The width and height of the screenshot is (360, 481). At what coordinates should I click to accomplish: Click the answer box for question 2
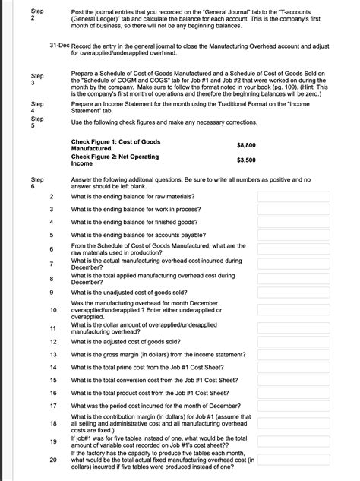click(293, 196)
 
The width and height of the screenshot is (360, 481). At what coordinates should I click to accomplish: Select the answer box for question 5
click(293, 235)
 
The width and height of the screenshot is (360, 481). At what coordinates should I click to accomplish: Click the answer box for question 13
click(293, 354)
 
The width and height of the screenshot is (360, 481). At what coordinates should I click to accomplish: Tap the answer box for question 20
click(293, 460)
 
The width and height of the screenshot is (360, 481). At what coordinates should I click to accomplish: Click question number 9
click(51, 292)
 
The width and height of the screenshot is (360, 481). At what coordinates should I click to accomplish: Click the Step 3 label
click(36, 80)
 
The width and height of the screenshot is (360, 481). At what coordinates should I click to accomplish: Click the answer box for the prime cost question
click(293, 367)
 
